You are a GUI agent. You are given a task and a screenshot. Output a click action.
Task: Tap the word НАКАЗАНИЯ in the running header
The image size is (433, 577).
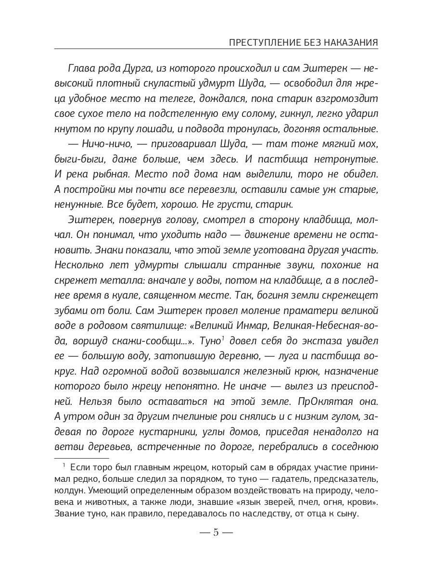click(350, 43)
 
